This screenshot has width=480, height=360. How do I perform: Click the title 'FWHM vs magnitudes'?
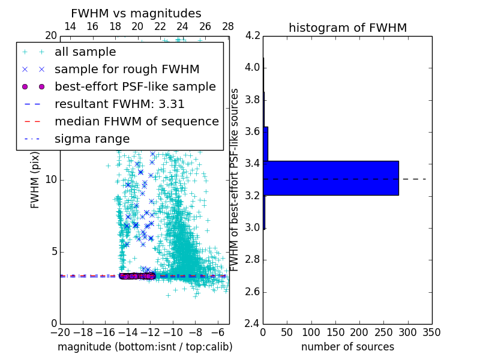coord(136,13)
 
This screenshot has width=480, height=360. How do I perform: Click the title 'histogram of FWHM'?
coord(347,28)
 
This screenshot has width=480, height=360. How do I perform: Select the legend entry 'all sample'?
coord(85,52)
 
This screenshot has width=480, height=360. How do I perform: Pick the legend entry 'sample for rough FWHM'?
coord(127,69)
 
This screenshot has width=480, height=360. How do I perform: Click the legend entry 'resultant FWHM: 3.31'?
coord(119,104)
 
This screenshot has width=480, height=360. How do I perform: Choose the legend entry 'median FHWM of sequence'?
coord(136,121)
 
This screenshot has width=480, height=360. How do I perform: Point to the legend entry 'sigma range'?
coord(92,139)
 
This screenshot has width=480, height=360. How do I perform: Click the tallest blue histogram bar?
coord(331,178)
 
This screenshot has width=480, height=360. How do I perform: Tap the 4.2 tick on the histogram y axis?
coord(253,35)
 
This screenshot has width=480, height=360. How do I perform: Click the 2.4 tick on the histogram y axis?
coord(253,324)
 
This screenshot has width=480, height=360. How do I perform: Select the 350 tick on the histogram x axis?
coord(432,332)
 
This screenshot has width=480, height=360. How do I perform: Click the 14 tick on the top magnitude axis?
coord(70,26)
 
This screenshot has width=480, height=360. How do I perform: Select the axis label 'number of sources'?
coord(347,347)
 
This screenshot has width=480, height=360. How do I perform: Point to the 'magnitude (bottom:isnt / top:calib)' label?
coord(145,347)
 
